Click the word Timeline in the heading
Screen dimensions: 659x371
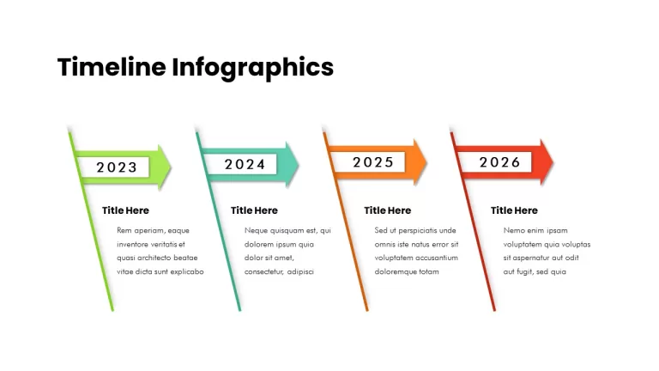click(112, 67)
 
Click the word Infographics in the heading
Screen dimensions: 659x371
click(252, 68)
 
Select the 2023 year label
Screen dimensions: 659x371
click(117, 167)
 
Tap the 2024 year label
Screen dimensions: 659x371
click(245, 164)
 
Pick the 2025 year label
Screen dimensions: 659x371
click(373, 162)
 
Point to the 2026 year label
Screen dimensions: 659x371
click(500, 162)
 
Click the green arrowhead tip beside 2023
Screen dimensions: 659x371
click(171, 167)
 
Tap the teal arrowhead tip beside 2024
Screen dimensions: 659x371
click(299, 164)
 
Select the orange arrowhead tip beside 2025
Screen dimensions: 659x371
click(426, 162)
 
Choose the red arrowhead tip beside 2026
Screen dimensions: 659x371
click(553, 162)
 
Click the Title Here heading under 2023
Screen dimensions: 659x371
click(125, 210)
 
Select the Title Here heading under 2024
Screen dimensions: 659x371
click(254, 210)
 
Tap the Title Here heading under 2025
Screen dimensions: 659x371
click(388, 210)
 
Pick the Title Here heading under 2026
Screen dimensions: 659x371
click(514, 210)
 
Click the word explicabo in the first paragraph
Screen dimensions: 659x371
click(187, 272)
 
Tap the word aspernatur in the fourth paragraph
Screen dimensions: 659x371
click(530, 258)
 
